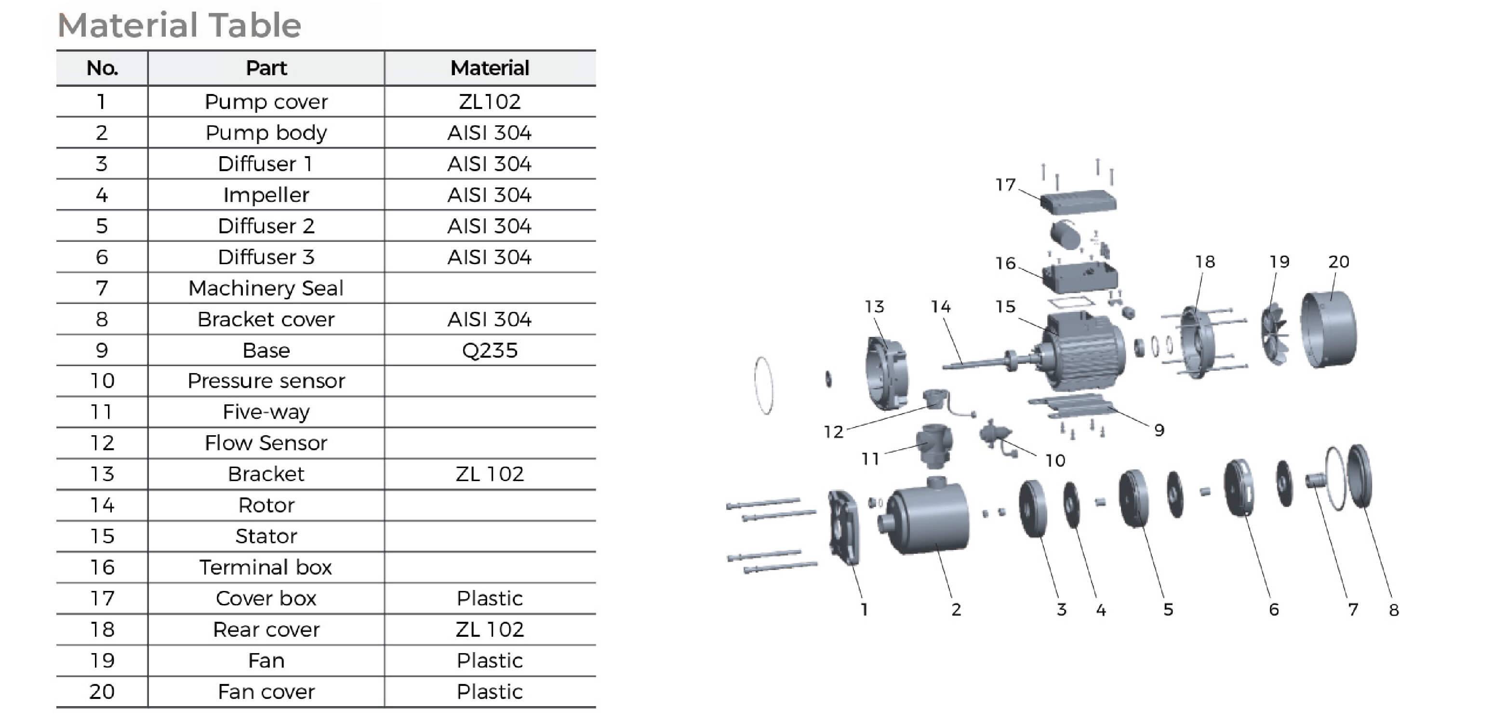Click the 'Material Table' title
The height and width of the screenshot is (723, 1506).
point(179,25)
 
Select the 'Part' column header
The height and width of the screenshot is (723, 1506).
point(266,68)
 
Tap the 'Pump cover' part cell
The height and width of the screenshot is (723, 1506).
point(266,102)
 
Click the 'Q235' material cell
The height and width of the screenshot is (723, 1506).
point(489,350)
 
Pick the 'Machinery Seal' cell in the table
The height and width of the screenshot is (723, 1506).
point(266,288)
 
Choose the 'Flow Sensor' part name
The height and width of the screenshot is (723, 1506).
point(266,443)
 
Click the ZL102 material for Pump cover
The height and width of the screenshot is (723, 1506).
point(489,102)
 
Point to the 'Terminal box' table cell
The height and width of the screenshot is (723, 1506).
point(266,567)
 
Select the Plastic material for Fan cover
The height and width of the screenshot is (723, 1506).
point(489,691)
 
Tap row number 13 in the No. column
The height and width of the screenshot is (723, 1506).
point(102,474)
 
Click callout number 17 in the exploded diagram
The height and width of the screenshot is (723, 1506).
point(1006,185)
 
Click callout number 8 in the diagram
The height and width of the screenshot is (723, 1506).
point(1394,610)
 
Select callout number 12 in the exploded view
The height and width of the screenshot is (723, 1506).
point(834,432)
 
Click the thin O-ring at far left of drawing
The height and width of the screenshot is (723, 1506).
point(763,386)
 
